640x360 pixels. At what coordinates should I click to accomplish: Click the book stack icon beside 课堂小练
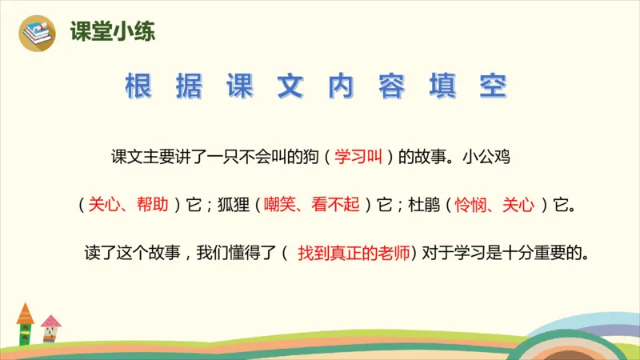pos(36,31)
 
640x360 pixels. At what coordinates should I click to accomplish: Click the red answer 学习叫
pos(358,156)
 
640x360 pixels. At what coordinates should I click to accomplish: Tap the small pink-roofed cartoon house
pos(50,327)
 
